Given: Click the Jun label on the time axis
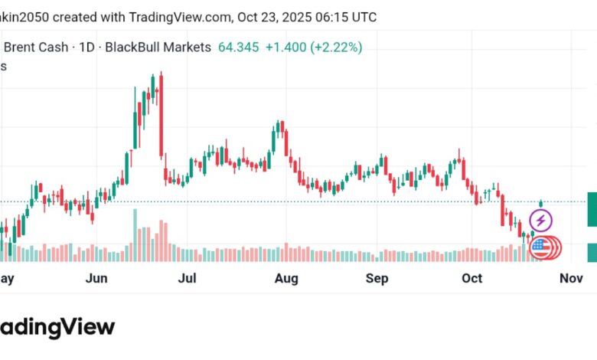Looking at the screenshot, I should coord(96,278).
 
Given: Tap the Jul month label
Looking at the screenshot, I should coord(188,278).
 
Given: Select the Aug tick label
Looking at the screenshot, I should coord(285,278).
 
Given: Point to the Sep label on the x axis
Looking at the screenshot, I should coord(377,278).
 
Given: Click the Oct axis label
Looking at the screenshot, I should coord(472,278).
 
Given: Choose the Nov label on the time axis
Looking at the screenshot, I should coord(571,278).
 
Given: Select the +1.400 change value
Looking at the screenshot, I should coord(284,47).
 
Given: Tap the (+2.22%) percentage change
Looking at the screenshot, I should coord(335,47).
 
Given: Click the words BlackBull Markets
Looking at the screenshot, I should coord(158,47).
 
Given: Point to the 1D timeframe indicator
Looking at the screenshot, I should coord(86,47).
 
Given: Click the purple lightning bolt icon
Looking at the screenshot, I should coord(541,221).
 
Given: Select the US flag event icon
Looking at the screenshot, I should coord(541,247).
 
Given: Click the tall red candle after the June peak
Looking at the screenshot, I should coord(161,115).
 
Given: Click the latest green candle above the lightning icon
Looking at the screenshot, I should coord(541,203).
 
